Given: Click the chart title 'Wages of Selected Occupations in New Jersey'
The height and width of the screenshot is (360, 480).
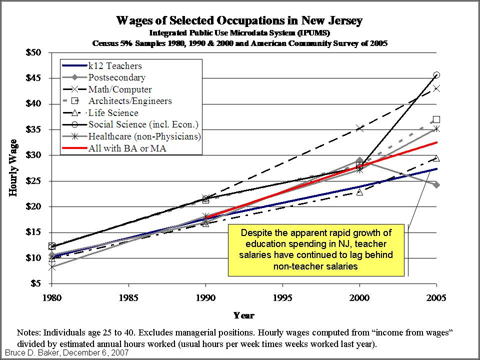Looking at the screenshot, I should pyautogui.click(x=239, y=21).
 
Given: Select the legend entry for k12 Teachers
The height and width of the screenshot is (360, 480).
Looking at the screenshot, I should pyautogui.click(x=115, y=66).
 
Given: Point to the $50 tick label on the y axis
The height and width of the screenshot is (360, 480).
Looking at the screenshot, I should pyautogui.click(x=34, y=52).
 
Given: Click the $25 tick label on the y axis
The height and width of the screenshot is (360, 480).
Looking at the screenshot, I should pyautogui.click(x=34, y=181).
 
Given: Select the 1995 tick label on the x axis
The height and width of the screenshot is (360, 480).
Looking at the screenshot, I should pyautogui.click(x=283, y=298).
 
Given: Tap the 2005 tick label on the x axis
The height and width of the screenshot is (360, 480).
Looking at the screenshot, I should pyautogui.click(x=436, y=298).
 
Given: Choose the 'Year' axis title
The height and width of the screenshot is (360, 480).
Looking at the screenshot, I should pyautogui.click(x=244, y=315).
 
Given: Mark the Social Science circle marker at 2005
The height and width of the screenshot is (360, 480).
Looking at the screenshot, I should pyautogui.click(x=436, y=75).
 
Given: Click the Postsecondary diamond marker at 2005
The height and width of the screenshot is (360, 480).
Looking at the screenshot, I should pyautogui.click(x=436, y=185).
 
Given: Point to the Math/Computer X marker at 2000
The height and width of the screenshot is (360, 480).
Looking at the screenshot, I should pyautogui.click(x=359, y=128).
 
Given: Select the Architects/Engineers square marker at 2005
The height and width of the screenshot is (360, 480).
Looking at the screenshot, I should pyautogui.click(x=436, y=119).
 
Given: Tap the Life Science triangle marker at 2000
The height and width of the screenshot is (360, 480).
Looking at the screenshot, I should pyautogui.click(x=359, y=192).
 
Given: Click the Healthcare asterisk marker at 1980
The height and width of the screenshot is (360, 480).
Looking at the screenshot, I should pyautogui.click(x=51, y=267).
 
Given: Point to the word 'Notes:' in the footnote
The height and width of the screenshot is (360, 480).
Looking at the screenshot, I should pyautogui.click(x=29, y=332).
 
